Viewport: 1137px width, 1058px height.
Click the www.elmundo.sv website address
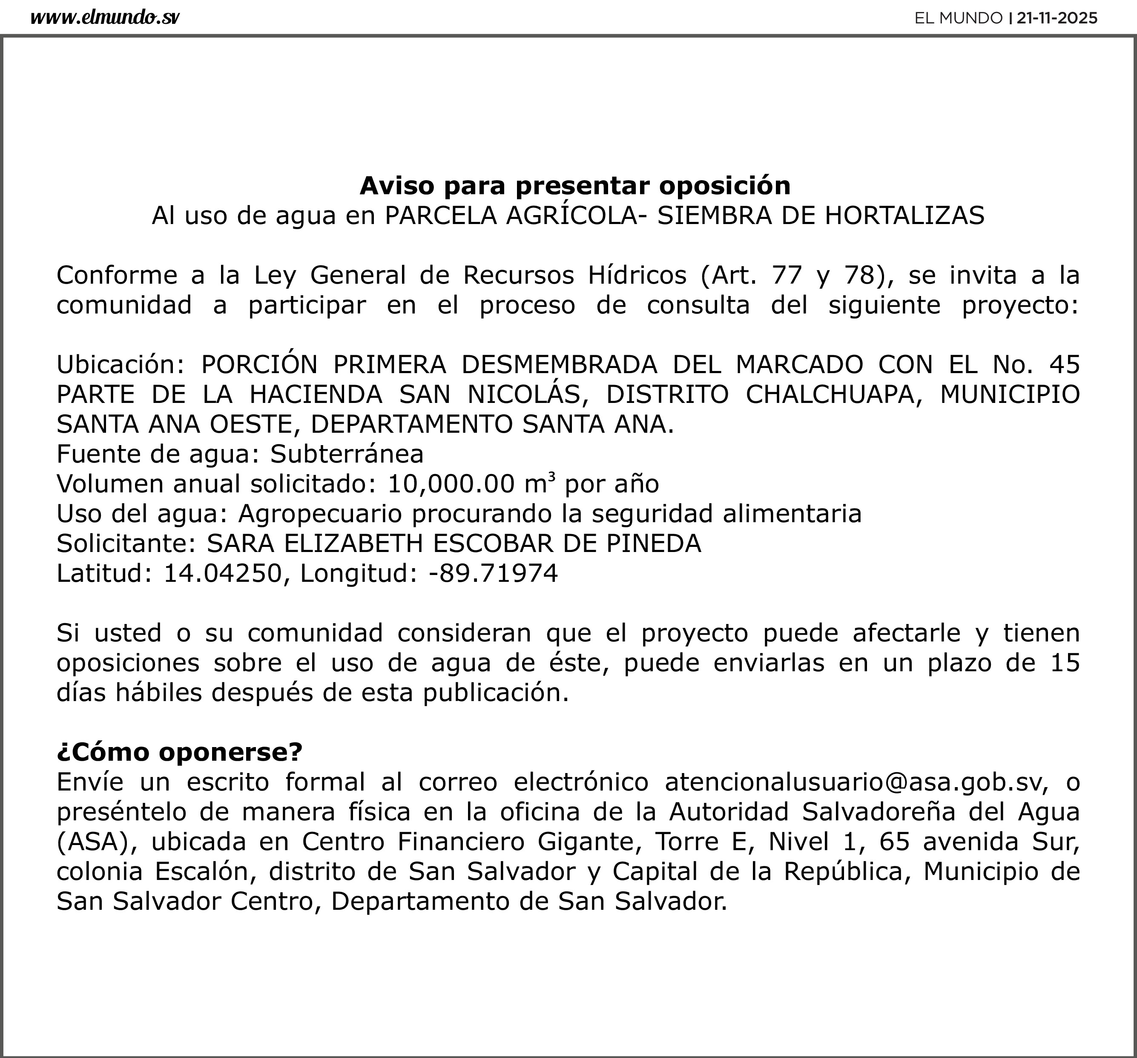point(105,18)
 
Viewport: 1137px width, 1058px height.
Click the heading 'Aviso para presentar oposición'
point(575,185)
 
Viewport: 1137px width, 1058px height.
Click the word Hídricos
point(637,275)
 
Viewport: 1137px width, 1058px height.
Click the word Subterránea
point(347,454)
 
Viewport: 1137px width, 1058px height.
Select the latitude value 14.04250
point(224,573)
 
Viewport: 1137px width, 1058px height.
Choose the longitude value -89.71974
point(493,573)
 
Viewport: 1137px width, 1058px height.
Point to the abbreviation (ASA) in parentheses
point(91,841)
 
